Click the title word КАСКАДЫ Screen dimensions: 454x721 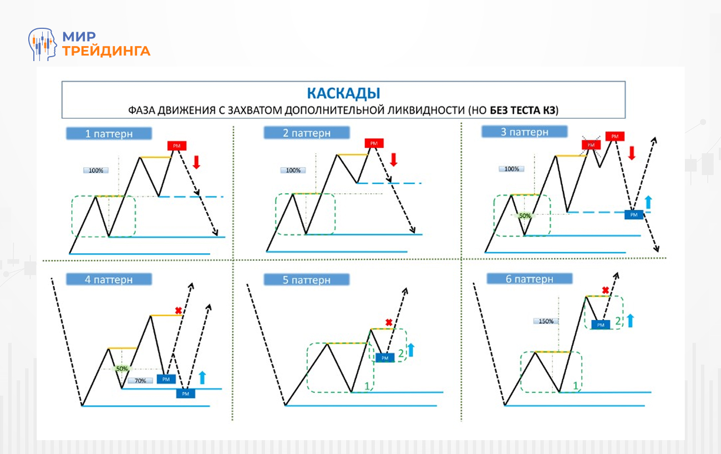coord(343,92)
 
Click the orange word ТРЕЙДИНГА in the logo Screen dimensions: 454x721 coord(106,51)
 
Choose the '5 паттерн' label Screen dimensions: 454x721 coord(306,280)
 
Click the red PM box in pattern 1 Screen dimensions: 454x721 coord(177,145)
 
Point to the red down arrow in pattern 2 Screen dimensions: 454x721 coord(394,160)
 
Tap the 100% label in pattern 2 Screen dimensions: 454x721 coord(293,170)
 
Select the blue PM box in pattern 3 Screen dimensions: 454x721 coord(633,214)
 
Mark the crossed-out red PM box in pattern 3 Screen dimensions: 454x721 coord(591,144)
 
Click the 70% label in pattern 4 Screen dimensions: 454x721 coord(140,381)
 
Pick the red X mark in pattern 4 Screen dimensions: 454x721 coord(178,310)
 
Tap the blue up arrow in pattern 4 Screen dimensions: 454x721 coord(202,377)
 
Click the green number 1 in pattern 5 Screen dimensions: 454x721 coord(365,385)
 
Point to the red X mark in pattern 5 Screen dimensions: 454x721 coord(388,322)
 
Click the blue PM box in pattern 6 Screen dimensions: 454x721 coord(600,325)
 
